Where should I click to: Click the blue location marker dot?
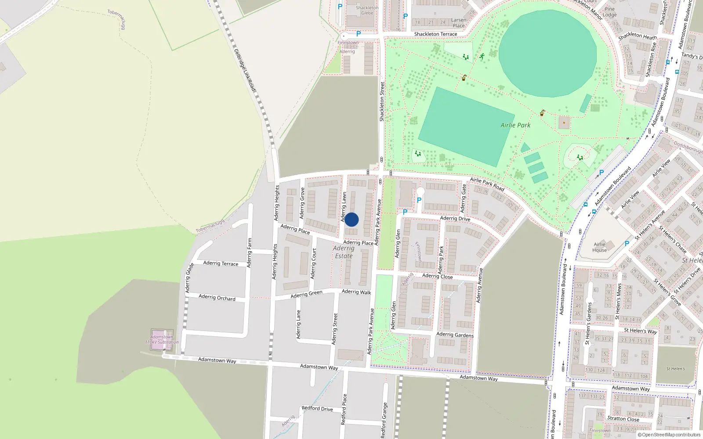point(351,219)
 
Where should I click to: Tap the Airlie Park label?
point(515,125)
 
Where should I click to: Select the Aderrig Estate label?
point(344,252)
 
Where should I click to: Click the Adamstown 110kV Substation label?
point(162,339)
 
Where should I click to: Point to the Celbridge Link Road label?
point(244,70)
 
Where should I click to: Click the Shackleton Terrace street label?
point(435,34)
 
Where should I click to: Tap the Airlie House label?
point(599,247)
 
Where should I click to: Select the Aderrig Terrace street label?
point(221,263)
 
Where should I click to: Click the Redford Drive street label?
point(317,408)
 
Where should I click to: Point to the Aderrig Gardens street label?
point(455,335)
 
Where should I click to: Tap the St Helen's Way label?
point(640,331)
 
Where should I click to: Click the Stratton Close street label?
point(623,418)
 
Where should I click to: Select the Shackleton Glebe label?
point(367,10)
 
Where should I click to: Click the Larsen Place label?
point(459,23)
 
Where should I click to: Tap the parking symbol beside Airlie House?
point(627,243)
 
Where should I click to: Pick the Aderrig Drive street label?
point(455,218)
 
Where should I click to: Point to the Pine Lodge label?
point(610,12)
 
